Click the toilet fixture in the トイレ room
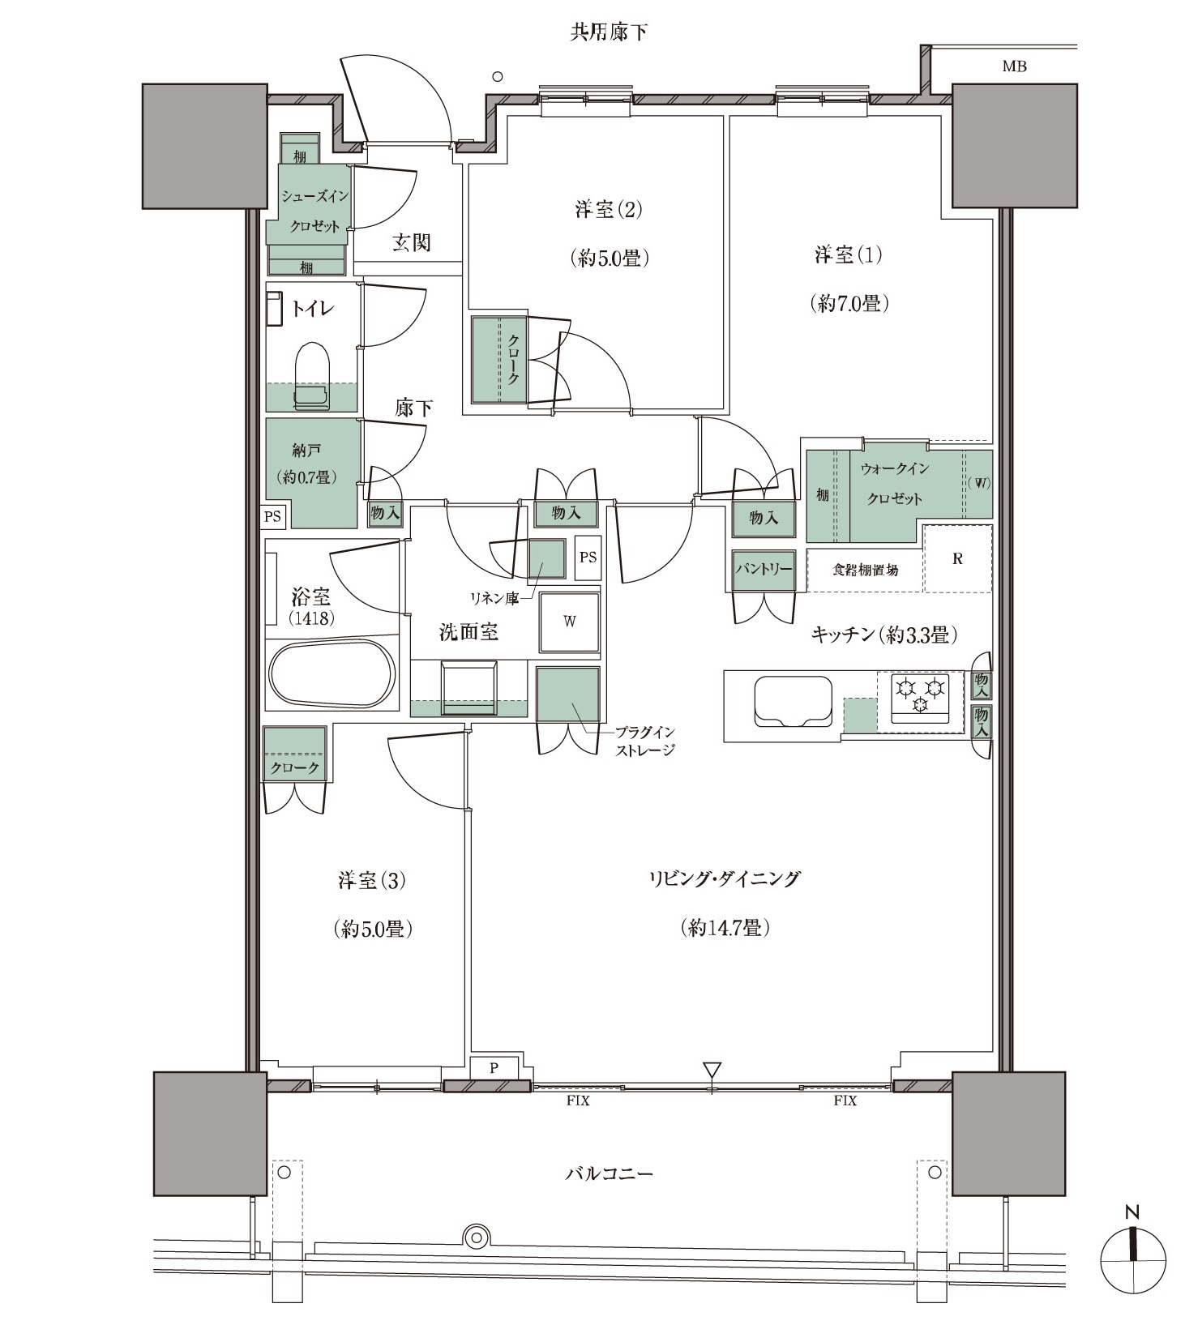312,374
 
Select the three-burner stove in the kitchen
920,696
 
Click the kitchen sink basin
793,702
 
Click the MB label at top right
1014,66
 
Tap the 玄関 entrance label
411,242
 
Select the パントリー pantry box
763,571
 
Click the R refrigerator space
957,558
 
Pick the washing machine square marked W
570,622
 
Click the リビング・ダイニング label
724,878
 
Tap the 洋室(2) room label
609,210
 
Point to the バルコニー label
609,1173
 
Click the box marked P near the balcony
494,1068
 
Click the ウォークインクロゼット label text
895,484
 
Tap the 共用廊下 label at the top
609,32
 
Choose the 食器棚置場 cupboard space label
865,570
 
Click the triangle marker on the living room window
712,1070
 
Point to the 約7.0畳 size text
849,304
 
